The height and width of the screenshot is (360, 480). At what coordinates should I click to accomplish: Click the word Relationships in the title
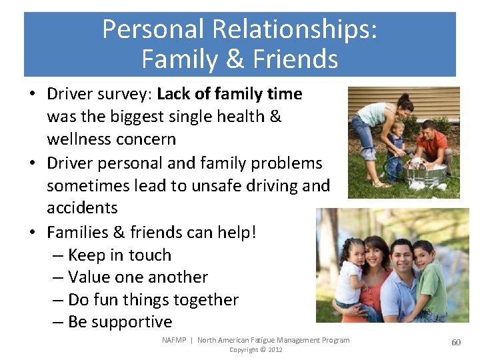coord(294,29)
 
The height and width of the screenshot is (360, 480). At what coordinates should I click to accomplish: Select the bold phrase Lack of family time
coord(229,94)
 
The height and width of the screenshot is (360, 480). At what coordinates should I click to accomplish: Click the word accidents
coord(82,207)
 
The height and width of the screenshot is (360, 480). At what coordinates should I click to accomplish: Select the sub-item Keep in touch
coord(119,255)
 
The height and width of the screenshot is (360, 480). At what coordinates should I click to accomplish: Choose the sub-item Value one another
coord(138,277)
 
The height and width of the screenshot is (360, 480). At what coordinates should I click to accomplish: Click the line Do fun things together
coord(153,300)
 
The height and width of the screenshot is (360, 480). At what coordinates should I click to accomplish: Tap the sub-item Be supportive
coord(120,322)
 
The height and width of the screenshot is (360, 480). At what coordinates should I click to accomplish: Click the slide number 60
coord(456,342)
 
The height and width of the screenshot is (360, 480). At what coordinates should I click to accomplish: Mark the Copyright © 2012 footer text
coord(256,350)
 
